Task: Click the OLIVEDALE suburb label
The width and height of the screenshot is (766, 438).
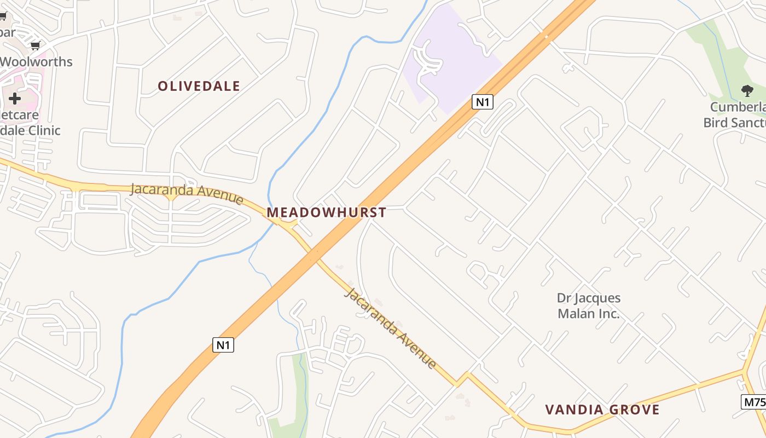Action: [x=199, y=86]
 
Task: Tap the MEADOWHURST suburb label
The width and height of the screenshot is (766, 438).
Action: [x=326, y=212]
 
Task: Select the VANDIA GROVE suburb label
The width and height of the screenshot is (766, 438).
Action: [x=602, y=410]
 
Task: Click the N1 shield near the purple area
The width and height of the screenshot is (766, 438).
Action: [x=483, y=102]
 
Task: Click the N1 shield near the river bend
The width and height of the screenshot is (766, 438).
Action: [x=223, y=345]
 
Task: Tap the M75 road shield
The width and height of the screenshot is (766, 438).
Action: [x=754, y=401]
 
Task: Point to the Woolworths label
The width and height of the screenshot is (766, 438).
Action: [x=36, y=61]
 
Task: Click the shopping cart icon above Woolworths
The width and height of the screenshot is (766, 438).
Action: [x=36, y=46]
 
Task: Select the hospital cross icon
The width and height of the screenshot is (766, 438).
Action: [x=15, y=99]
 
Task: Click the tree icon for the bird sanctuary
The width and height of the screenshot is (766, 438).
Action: [x=747, y=91]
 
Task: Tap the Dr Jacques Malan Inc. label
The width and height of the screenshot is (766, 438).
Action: [x=589, y=306]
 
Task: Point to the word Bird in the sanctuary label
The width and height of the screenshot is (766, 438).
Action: [x=715, y=122]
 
